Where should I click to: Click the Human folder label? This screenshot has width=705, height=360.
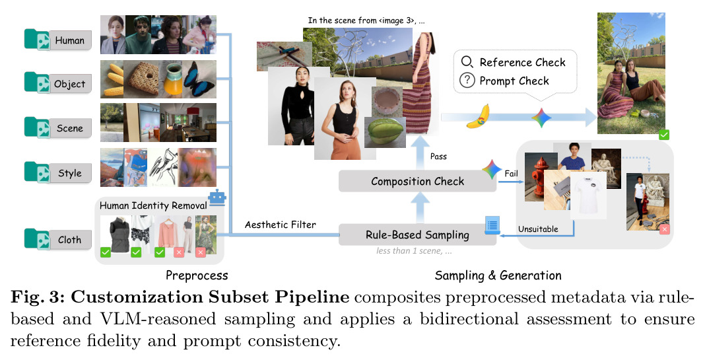pyautogui.click(x=70, y=40)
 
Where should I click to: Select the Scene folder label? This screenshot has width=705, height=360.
pyautogui.click(x=70, y=128)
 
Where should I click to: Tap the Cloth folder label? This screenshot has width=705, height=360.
pyautogui.click(x=70, y=240)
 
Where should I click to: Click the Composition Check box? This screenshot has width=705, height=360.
pyautogui.click(x=417, y=182)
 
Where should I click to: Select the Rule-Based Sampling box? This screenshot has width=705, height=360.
pyautogui.click(x=417, y=235)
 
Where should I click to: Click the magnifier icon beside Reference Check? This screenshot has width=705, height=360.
pyautogui.click(x=467, y=62)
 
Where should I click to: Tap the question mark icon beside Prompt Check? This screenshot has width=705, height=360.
pyautogui.click(x=467, y=81)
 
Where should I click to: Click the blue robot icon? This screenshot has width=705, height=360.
pyautogui.click(x=217, y=198)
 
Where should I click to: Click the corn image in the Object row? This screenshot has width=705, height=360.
pyautogui.click(x=112, y=79)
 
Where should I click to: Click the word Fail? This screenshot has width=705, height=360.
pyautogui.click(x=511, y=174)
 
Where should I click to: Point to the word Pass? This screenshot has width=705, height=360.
pyautogui.click(x=438, y=157)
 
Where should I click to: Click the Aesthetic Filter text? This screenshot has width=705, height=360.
pyautogui.click(x=280, y=225)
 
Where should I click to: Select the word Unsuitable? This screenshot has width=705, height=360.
pyautogui.click(x=538, y=229)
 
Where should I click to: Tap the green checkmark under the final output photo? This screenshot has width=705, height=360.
pyautogui.click(x=663, y=134)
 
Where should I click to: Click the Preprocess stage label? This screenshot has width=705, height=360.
pyautogui.click(x=197, y=275)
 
